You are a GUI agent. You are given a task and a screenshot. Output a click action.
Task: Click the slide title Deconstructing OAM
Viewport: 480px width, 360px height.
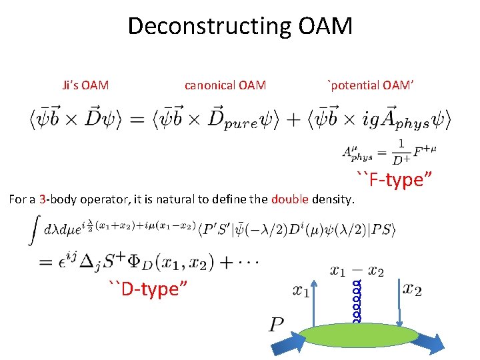pyautogui.click(x=239, y=27)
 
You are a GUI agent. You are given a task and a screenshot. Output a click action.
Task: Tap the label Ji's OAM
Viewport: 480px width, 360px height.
pyautogui.click(x=85, y=85)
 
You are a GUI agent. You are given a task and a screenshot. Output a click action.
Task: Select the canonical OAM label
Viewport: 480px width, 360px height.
pyautogui.click(x=225, y=85)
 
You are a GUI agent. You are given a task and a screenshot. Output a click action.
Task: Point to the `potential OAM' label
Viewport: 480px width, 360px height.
pyautogui.click(x=371, y=85)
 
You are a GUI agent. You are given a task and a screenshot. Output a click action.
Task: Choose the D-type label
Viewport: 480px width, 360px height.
pyautogui.click(x=147, y=289)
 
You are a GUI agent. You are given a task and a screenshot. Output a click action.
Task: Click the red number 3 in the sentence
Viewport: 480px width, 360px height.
pyautogui.click(x=42, y=199)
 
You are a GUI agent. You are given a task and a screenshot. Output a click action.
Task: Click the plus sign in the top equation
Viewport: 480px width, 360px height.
pyautogui.click(x=297, y=121)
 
